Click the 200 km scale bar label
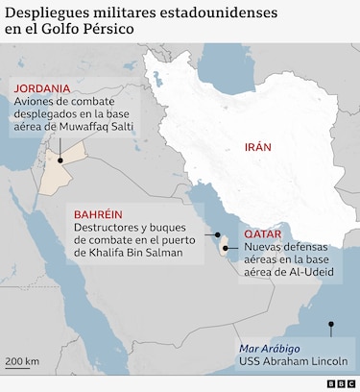[x=21, y=361]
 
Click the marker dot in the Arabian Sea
[x=331, y=324]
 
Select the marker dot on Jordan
[x=60, y=161]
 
